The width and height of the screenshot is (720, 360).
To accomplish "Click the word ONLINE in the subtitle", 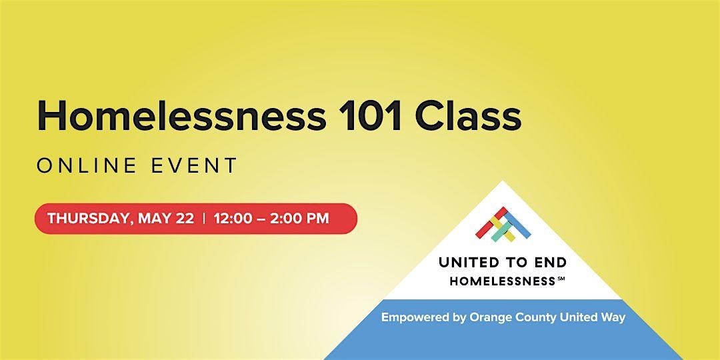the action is (87, 166).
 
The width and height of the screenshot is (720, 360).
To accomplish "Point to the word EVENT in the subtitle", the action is (194, 166).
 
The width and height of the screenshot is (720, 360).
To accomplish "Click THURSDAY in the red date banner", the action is (89, 219).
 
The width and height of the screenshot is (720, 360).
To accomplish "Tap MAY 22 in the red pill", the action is (166, 218).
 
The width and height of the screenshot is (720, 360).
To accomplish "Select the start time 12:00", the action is (233, 218).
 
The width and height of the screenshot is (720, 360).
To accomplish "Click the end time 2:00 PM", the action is (299, 218).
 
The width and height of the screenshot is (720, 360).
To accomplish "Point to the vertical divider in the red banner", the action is (204, 218).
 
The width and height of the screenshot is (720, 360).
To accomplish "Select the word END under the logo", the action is (551, 263).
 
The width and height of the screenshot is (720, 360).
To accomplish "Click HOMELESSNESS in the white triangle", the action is (503, 281).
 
